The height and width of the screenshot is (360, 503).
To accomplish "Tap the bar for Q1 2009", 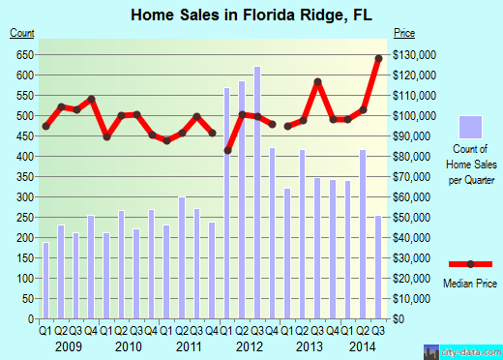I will [45, 280].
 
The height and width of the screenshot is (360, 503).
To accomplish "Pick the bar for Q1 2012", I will [227, 202].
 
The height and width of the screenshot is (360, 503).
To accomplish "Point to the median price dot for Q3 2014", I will [378, 58].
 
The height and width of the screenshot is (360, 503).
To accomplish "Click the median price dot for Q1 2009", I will [45, 127].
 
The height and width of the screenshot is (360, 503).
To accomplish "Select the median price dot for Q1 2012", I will [227, 150].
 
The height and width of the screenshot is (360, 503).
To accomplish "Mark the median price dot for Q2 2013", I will [317, 82].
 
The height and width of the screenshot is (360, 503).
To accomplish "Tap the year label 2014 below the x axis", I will [363, 345].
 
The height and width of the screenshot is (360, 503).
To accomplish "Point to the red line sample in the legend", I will [470, 264].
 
